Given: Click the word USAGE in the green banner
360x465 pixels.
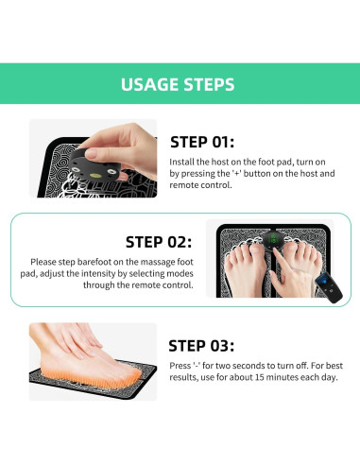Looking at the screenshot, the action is pos(150,84).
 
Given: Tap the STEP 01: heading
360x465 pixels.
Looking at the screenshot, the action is pos(202,142).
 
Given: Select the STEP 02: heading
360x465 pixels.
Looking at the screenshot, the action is pos(159,242).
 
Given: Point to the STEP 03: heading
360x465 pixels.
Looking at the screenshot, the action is pos(201,346).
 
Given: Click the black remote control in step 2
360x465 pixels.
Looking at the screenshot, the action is pos(329,287).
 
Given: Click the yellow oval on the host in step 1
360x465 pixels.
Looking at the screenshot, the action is pos(94,175).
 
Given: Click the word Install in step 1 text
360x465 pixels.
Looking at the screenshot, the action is pos(181,162).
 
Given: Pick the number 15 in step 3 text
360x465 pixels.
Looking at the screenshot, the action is pos(260,377).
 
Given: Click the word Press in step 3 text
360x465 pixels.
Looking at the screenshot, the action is pos(180,366).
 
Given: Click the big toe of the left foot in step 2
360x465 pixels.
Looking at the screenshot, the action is pos(256,251).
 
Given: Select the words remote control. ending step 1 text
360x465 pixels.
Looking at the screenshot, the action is pos(201,185).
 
